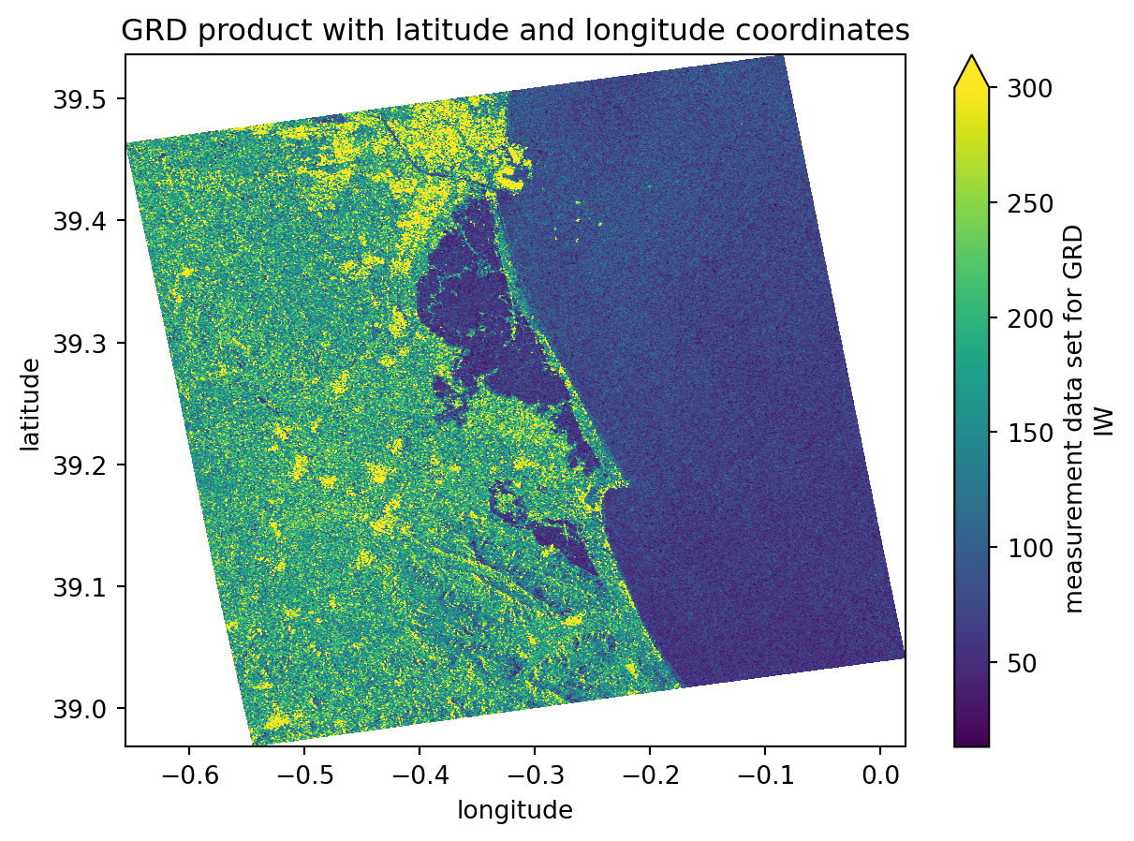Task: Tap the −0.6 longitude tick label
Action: (x=188, y=776)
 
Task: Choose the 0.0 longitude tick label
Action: (x=880, y=776)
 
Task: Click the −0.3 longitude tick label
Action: (x=534, y=776)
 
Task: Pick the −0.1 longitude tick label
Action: (x=764, y=776)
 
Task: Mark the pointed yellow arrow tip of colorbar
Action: (x=971, y=57)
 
